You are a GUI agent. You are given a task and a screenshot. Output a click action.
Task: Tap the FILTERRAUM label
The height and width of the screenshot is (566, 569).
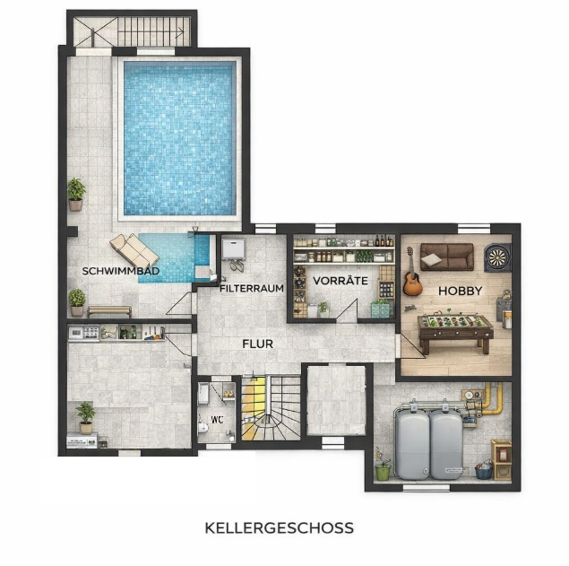(252, 289)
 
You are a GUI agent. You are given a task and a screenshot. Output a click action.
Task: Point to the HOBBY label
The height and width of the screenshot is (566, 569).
(461, 291)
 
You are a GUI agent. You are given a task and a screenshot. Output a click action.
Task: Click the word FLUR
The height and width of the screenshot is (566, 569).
(258, 343)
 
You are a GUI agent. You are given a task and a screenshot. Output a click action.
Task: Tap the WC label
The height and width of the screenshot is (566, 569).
(216, 419)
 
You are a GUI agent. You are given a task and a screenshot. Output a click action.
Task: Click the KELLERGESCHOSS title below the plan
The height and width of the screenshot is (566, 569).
(279, 527)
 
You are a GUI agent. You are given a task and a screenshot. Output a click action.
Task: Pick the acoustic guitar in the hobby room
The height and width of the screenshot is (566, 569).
(411, 276)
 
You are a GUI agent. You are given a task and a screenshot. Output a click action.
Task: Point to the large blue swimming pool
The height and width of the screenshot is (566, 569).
(180, 138)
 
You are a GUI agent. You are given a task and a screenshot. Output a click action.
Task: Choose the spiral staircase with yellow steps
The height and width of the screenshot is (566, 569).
(270, 408)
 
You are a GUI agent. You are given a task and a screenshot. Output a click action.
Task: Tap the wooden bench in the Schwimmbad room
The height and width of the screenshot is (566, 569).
(108, 310)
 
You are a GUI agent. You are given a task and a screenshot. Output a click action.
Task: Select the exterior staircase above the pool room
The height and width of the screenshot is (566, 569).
(133, 33)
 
